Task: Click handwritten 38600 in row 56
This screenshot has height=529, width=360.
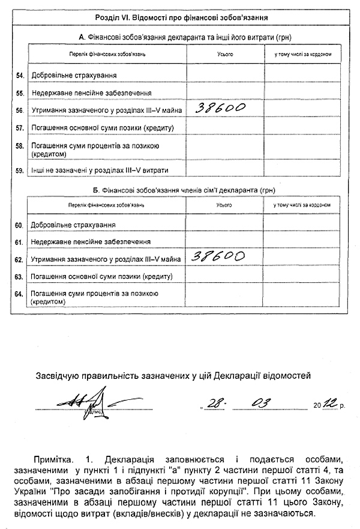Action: [218, 108]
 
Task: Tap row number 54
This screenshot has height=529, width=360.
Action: [20, 75]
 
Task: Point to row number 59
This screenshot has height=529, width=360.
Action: [20, 170]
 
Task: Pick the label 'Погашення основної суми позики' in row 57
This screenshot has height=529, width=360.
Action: [102, 128]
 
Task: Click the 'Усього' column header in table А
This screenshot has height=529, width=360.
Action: [225, 54]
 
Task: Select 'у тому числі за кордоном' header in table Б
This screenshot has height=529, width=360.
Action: [302, 205]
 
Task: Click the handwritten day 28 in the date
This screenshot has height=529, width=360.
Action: [214, 402]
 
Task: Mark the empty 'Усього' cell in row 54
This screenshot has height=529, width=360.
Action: [225, 75]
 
